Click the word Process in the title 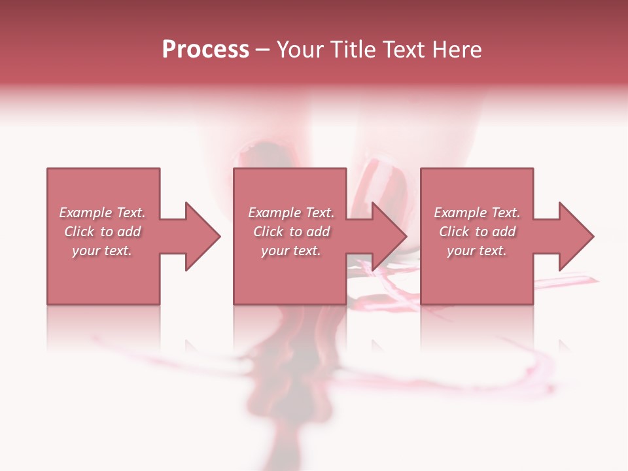(x=205, y=49)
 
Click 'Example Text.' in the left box (x=102, y=213)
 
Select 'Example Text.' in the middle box (x=291, y=213)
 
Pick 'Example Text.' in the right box (x=477, y=213)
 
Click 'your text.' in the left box (x=102, y=251)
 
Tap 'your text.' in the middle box (x=291, y=251)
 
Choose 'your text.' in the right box (x=477, y=251)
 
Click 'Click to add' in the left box (x=102, y=232)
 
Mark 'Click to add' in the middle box (x=291, y=232)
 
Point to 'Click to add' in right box (x=477, y=232)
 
